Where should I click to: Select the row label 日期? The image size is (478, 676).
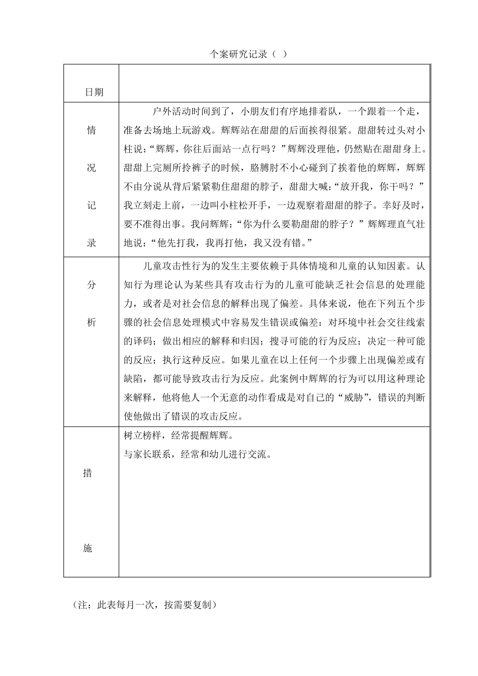pyautogui.click(x=94, y=92)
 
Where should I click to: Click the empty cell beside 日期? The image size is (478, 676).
pyautogui.click(x=274, y=83)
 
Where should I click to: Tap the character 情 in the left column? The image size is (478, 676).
pyautogui.click(x=91, y=130)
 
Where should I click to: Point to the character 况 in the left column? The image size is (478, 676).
pyautogui.click(x=91, y=168)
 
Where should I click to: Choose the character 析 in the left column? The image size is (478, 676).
pyautogui.click(x=91, y=322)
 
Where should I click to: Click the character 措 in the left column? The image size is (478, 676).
pyautogui.click(x=87, y=473)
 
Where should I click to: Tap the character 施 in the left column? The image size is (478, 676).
pyautogui.click(x=87, y=548)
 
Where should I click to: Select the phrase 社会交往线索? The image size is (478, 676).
pyautogui.click(x=379, y=322)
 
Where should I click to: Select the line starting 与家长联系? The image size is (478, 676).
pyautogui.click(x=198, y=455)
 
